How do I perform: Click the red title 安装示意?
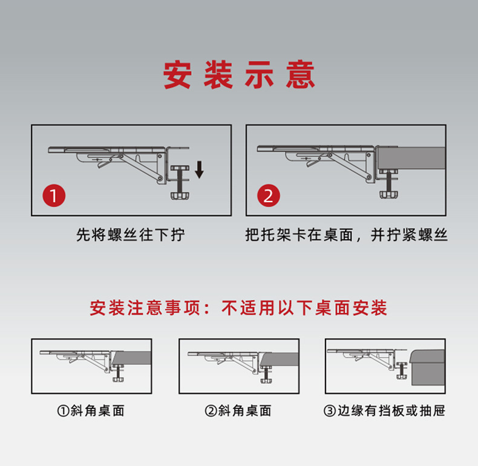239,76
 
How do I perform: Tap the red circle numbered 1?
54,196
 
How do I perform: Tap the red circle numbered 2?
269,196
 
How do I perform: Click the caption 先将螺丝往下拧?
131,235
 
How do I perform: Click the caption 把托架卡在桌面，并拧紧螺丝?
347,235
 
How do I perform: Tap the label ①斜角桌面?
91,411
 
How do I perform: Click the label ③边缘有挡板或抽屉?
385,411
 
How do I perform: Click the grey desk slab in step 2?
411,160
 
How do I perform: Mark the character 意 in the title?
301,76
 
